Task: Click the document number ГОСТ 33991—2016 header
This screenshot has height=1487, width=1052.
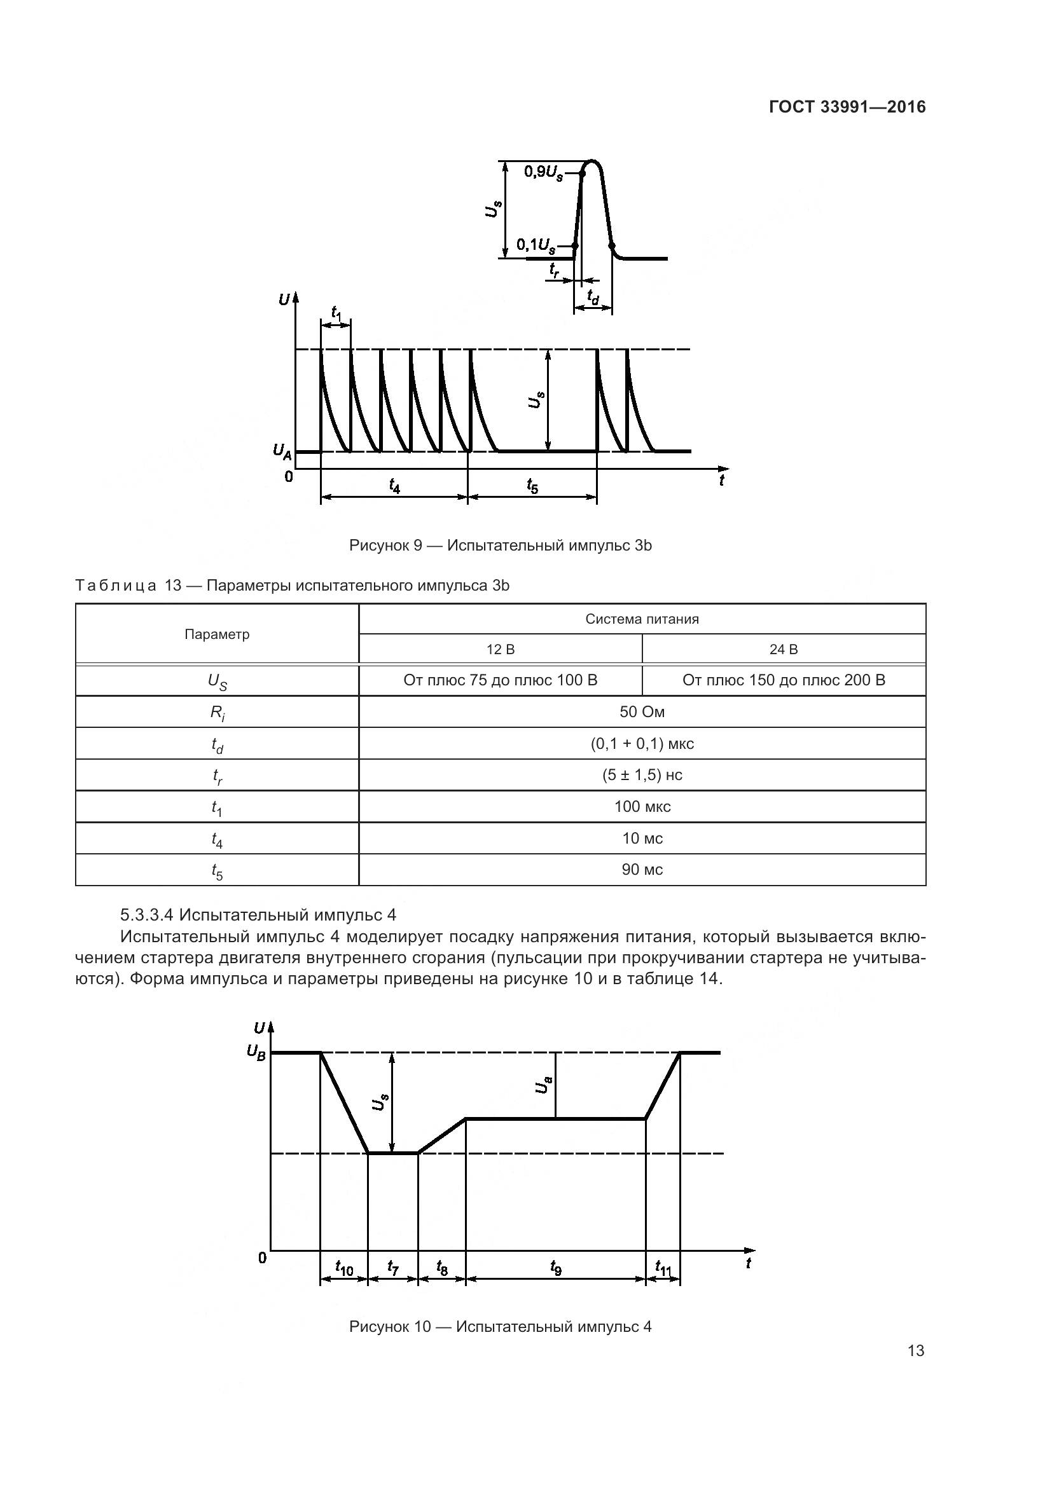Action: pos(847,107)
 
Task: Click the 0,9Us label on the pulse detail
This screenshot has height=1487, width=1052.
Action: pos(543,173)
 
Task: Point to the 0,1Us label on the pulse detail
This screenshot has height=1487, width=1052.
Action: pos(536,245)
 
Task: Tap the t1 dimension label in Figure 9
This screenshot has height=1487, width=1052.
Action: pos(336,313)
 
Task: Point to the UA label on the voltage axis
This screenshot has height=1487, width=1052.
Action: pos(282,451)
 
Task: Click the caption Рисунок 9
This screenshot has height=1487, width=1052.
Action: pos(500,545)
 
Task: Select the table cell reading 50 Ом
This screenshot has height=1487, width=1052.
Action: pos(641,712)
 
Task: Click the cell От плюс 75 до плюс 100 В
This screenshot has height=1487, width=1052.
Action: pos(500,680)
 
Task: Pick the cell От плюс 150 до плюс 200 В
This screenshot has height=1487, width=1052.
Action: pos(783,680)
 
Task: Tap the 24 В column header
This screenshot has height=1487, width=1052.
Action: pos(783,649)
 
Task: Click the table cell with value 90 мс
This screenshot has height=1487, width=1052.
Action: pos(641,870)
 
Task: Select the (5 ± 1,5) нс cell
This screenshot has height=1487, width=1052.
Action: pos(641,775)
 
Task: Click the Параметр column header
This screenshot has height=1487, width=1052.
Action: pos(217,634)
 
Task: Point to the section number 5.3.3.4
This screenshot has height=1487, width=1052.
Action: pos(147,915)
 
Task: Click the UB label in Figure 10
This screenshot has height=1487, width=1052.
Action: pos(256,1053)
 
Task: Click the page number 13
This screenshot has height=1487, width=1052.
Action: pos(916,1351)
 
